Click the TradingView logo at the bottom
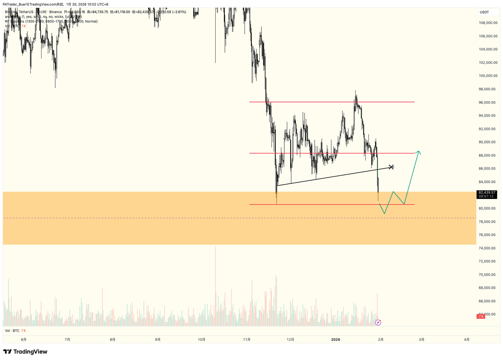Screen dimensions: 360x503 click(25, 352)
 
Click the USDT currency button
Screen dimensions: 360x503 click(485, 12)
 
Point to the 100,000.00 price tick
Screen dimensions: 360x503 click(489, 76)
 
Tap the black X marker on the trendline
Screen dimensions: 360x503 click(391, 167)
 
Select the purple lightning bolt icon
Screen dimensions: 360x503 click(378, 322)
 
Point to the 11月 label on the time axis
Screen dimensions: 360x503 click(247, 339)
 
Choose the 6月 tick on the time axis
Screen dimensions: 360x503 click(23, 339)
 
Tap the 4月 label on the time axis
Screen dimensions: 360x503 click(467, 339)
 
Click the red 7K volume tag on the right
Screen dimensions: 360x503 click(481, 316)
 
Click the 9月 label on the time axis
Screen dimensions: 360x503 click(158, 339)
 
